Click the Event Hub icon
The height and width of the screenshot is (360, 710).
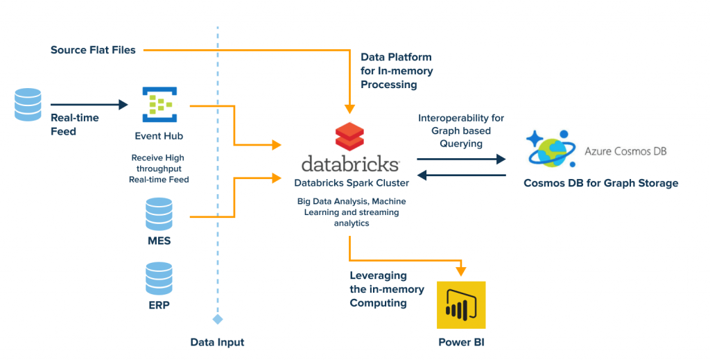[159, 104]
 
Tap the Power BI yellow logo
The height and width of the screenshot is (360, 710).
[461, 305]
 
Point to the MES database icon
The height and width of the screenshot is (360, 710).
[159, 215]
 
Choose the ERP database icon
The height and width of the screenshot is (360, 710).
[159, 278]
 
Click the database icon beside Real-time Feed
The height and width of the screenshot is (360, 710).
[28, 105]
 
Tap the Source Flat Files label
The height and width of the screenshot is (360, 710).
[93, 50]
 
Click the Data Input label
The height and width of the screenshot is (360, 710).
[217, 342]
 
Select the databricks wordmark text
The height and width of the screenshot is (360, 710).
[350, 164]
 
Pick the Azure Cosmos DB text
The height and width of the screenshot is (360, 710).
[625, 151]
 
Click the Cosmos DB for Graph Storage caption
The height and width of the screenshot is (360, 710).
[600, 183]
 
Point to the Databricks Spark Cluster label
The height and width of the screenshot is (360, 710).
[352, 183]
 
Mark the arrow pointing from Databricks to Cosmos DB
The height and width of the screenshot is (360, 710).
[461, 159]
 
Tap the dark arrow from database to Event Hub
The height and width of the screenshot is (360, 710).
[89, 105]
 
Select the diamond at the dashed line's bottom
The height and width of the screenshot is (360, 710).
[218, 319]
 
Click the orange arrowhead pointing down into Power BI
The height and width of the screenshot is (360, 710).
[461, 271]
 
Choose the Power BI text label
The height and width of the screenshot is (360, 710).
[460, 342]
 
